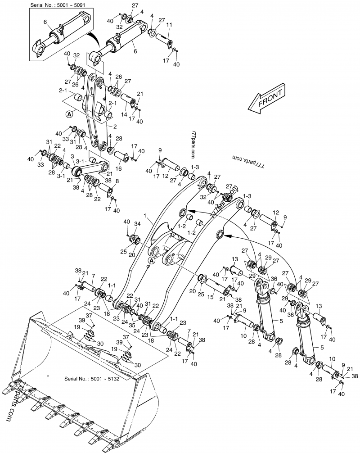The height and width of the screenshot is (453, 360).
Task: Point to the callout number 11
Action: tap(169, 24)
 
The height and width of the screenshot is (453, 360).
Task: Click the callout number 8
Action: tap(117, 181)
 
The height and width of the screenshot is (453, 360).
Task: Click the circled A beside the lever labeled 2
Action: tap(69, 114)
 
